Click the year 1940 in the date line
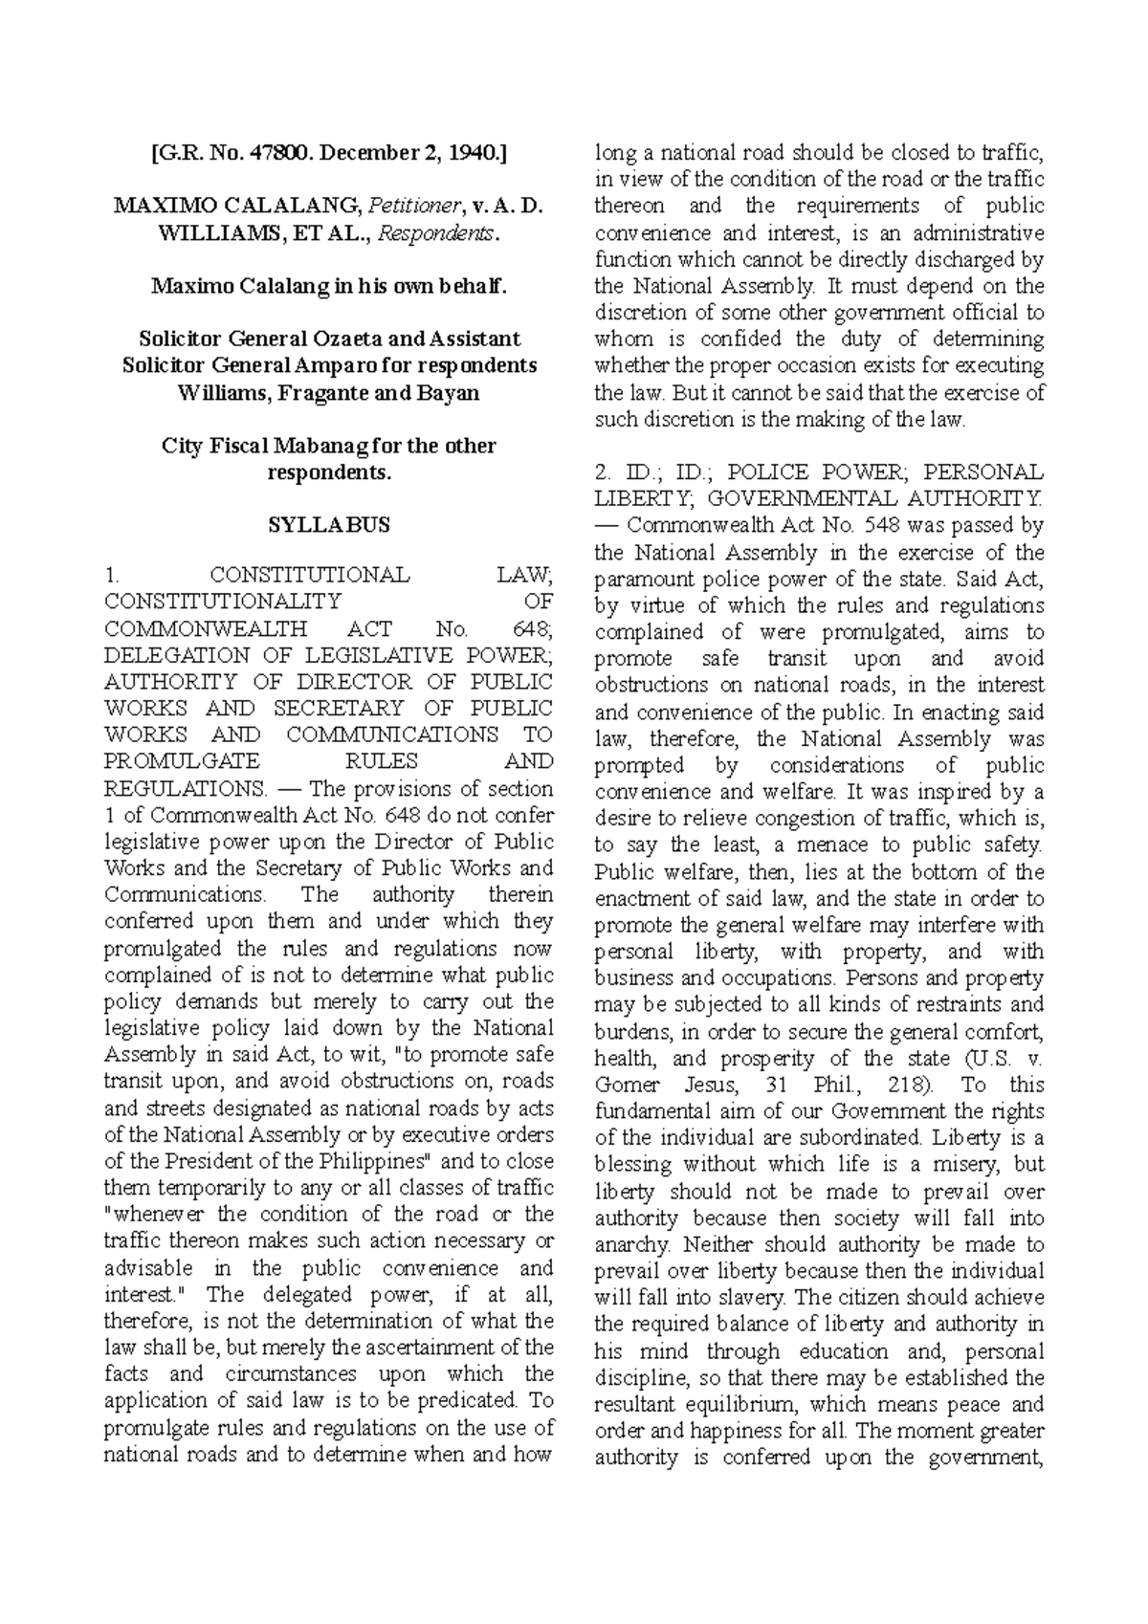click(467, 151)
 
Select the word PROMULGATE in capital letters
click(181, 762)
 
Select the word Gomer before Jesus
click(627, 1086)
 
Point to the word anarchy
click(629, 1246)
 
